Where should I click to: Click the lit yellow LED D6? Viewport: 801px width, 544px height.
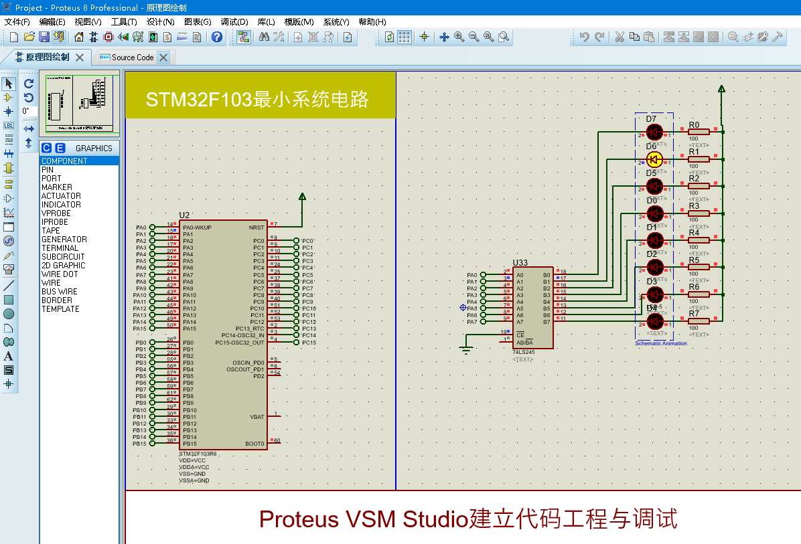654,159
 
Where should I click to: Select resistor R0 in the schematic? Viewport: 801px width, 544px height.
699,132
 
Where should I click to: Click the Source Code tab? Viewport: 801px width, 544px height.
133,58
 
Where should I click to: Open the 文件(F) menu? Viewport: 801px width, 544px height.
17,22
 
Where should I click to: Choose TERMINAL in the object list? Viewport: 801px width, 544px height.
60,248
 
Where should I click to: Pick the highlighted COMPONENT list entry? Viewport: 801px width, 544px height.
64,161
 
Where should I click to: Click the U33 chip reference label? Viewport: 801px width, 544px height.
520,263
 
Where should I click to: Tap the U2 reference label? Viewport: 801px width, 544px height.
184,215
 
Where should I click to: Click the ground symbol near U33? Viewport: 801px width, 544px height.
466,348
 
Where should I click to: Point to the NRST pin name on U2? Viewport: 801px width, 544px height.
256,228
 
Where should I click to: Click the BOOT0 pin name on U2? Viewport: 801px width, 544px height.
254,444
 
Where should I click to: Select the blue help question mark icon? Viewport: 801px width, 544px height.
217,37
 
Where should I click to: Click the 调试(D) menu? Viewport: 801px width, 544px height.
234,22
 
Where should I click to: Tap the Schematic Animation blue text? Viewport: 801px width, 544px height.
660,343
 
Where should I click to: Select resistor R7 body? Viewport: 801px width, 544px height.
699,322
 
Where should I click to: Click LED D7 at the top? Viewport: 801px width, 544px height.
654,132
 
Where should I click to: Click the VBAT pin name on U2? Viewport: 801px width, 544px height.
257,417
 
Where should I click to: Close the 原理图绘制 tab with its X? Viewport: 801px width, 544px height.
80,58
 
